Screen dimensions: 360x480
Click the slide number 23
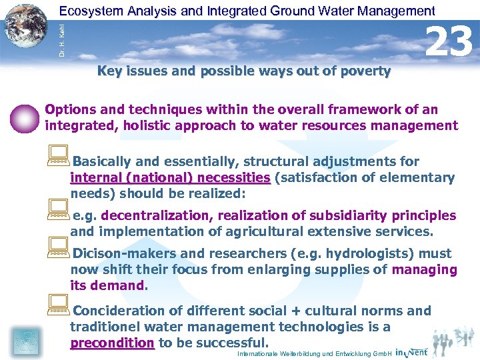click(449, 41)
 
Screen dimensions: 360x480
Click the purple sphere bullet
click(26, 119)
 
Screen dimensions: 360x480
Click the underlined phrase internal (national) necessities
click(170, 178)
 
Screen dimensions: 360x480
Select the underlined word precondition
click(112, 343)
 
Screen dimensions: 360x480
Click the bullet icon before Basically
click(57, 157)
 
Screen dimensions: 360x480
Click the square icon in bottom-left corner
click(25, 341)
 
